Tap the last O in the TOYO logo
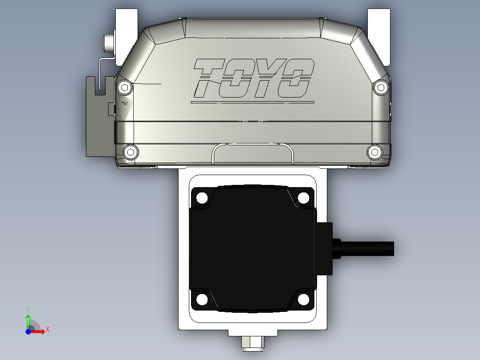click(x=296, y=78)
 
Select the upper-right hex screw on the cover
click(x=380, y=87)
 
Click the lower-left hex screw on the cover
click(x=130, y=152)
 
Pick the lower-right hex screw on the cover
click(x=374, y=152)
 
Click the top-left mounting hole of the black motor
click(x=202, y=197)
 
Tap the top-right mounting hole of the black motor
click(x=303, y=197)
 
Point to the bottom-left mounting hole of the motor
click(x=202, y=299)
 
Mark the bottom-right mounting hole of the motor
click(x=303, y=299)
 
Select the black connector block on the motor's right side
click(x=324, y=249)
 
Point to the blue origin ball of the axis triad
click(x=28, y=331)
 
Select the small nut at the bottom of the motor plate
click(x=252, y=343)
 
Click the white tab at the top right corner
click(x=378, y=36)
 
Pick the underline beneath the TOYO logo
click(x=252, y=102)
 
